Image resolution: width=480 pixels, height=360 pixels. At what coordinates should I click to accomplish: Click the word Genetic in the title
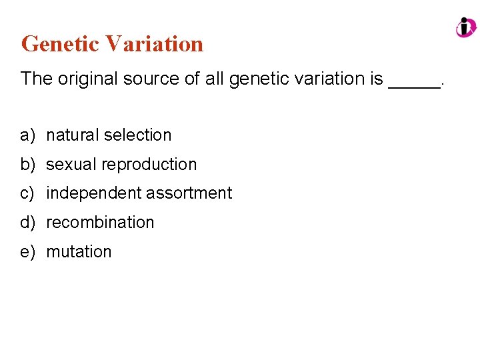point(60,44)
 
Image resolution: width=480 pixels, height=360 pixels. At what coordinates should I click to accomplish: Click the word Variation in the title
point(154,44)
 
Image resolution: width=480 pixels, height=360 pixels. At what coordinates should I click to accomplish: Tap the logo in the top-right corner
point(465,27)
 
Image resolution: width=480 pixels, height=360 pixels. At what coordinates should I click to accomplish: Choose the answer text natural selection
point(109,135)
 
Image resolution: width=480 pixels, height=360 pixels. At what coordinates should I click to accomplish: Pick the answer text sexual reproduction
point(121,165)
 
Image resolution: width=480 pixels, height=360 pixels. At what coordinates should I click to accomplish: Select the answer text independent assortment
point(139,193)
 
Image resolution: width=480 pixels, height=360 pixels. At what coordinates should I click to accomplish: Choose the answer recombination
point(100,223)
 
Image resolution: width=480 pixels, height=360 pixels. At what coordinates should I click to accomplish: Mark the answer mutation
point(79,252)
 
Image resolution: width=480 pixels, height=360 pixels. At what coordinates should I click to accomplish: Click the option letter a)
point(27,135)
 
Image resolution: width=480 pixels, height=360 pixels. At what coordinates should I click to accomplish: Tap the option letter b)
point(27,165)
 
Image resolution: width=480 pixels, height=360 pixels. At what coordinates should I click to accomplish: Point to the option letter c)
point(27,193)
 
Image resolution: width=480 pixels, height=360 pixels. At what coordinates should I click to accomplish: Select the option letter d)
point(27,223)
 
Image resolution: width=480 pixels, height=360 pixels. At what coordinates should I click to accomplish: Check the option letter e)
point(27,252)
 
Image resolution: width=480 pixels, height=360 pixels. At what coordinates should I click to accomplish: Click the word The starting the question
point(37,79)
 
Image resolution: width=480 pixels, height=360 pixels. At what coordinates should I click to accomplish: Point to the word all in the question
point(215,79)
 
